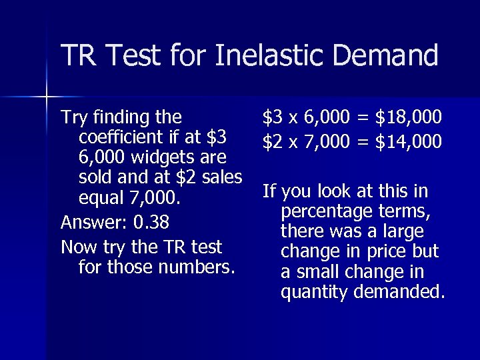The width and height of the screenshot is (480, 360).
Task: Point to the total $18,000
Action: pos(408,118)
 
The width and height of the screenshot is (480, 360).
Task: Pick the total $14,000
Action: pos(408,141)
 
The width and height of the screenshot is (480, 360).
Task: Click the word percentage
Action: pos(328,212)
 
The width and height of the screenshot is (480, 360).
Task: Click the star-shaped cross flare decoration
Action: pos(47,97)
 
